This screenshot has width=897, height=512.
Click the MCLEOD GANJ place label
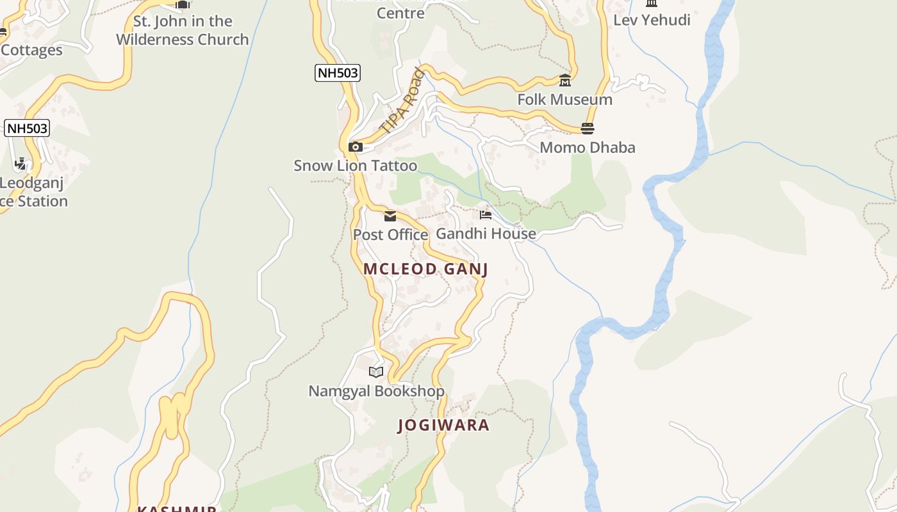pos(425,269)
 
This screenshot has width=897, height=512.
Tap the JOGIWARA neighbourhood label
pos(443,425)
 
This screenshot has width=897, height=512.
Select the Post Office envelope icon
pos(390,216)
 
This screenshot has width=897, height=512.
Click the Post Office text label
pos(390,235)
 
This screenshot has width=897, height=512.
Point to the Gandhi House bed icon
pos(486,214)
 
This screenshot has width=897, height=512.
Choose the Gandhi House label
pos(486,234)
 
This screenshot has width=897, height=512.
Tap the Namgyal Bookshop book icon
pos(376,371)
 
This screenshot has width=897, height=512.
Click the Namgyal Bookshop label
pos(376,391)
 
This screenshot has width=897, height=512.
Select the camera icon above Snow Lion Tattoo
pos(355,147)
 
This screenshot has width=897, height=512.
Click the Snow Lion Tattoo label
pos(355,166)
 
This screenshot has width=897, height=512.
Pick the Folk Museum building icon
pos(564,81)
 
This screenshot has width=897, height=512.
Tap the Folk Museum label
pos(564,100)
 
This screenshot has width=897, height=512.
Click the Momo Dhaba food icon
pos(588,129)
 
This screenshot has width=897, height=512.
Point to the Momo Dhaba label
pos(588,148)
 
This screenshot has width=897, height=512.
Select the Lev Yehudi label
pos(652,20)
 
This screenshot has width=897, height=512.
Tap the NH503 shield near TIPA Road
pos(338,73)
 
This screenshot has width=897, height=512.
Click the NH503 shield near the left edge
pos(27,128)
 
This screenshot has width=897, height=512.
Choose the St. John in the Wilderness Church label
pos(182,30)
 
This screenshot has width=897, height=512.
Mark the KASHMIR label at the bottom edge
pos(177,508)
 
